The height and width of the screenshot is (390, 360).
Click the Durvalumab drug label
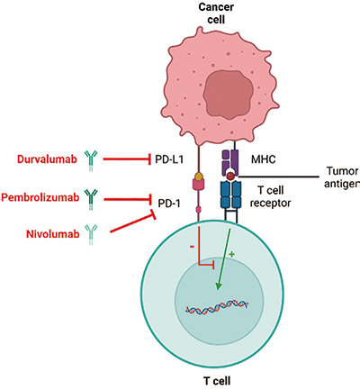pyautogui.click(x=47, y=159)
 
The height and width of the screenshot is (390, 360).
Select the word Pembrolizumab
pyautogui.click(x=40, y=197)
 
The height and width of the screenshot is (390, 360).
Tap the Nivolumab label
pyautogui.click(x=53, y=233)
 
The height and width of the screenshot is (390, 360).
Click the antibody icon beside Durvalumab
pyautogui.click(x=91, y=161)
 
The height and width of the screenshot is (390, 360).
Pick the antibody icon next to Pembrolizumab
pyautogui.click(x=91, y=199)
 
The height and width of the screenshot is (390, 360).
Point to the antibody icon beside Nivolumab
pyautogui.click(x=91, y=234)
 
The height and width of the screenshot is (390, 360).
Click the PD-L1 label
pyautogui.click(x=169, y=159)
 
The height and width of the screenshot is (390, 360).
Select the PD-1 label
pyautogui.click(x=169, y=204)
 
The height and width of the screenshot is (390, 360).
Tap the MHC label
pyautogui.click(x=264, y=159)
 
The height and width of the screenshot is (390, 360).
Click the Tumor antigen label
pyautogui.click(x=342, y=177)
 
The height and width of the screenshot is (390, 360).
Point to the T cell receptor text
pyautogui.click(x=270, y=196)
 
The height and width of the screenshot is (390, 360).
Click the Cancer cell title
pyautogui.click(x=216, y=14)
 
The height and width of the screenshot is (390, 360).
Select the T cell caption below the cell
pyautogui.click(x=217, y=381)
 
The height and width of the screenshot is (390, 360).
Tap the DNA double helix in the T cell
pyautogui.click(x=217, y=307)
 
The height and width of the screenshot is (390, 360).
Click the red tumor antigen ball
pyautogui.click(x=230, y=176)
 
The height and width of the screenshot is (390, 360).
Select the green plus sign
pyautogui.click(x=231, y=254)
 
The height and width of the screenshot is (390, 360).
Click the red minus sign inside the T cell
pyautogui.click(x=192, y=247)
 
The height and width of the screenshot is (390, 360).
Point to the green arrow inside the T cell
pyautogui.click(x=224, y=259)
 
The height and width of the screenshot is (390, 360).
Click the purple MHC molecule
pyautogui.click(x=229, y=163)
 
